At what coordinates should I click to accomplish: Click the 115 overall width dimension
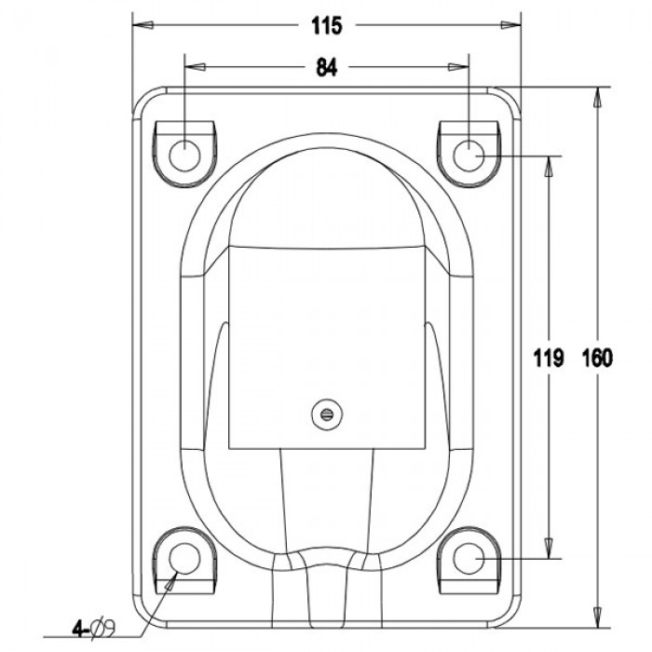[326, 27]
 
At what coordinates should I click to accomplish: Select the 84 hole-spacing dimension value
[326, 67]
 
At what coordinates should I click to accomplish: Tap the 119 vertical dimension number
[551, 358]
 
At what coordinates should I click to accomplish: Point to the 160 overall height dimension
[596, 358]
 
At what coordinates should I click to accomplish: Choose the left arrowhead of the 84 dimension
[192, 67]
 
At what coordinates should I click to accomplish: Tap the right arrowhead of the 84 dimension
[460, 67]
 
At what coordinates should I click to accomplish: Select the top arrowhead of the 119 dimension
[551, 162]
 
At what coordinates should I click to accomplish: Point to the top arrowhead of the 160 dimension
[596, 95]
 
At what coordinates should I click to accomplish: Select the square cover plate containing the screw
[325, 345]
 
